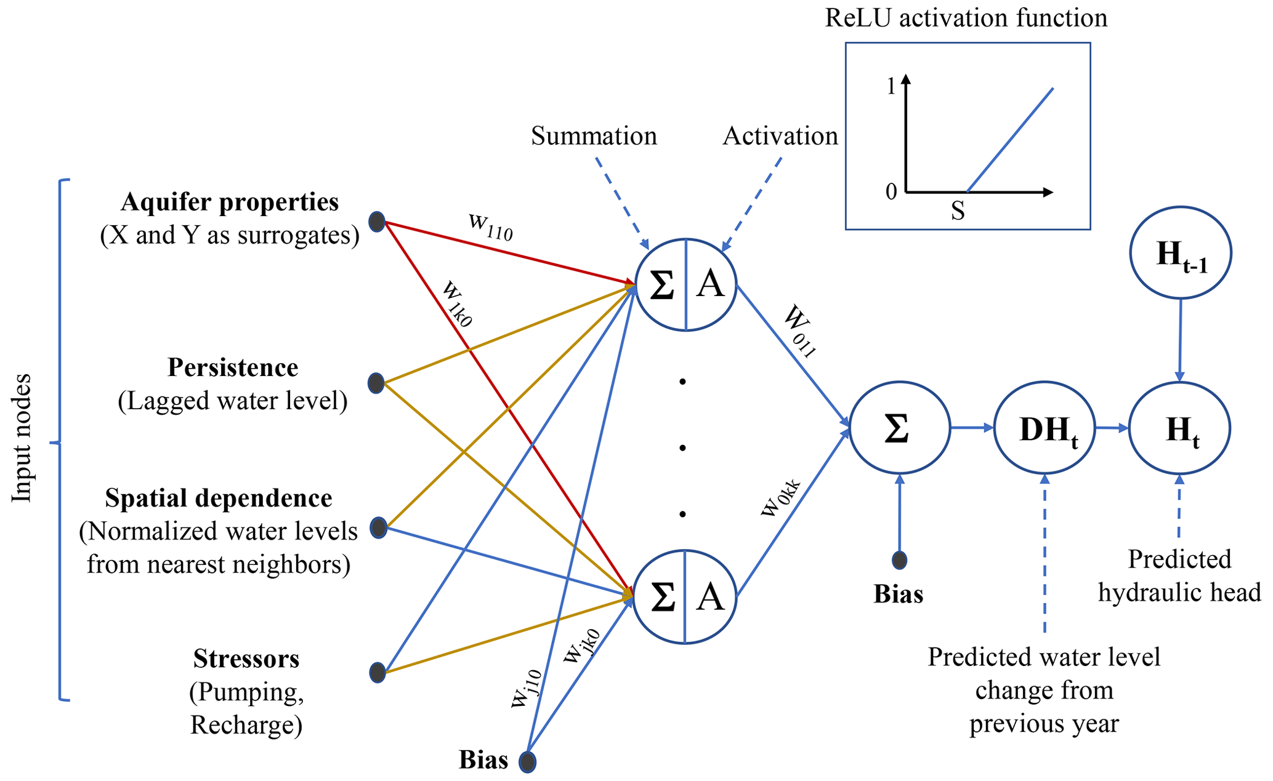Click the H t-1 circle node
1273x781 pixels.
tap(1180, 253)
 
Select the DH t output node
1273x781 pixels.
tap(1045, 428)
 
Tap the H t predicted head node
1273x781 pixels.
tap(1179, 428)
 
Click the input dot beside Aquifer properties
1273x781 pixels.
tap(377, 222)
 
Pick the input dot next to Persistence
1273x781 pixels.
tap(376, 383)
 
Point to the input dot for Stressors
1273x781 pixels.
tap(378, 672)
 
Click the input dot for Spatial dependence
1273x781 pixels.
tap(378, 528)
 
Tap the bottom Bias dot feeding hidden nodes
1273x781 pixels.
tap(527, 762)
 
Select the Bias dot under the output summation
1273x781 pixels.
tap(900, 560)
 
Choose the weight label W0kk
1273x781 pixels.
tap(781, 497)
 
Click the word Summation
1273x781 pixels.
tap(594, 136)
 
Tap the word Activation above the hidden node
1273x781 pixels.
tap(780, 136)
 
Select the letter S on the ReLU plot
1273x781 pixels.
tap(957, 212)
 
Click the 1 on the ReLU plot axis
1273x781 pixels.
tap(891, 87)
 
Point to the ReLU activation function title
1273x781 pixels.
tap(966, 18)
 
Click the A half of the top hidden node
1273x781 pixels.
tap(711, 285)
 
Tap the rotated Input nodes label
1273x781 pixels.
tap(22, 438)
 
